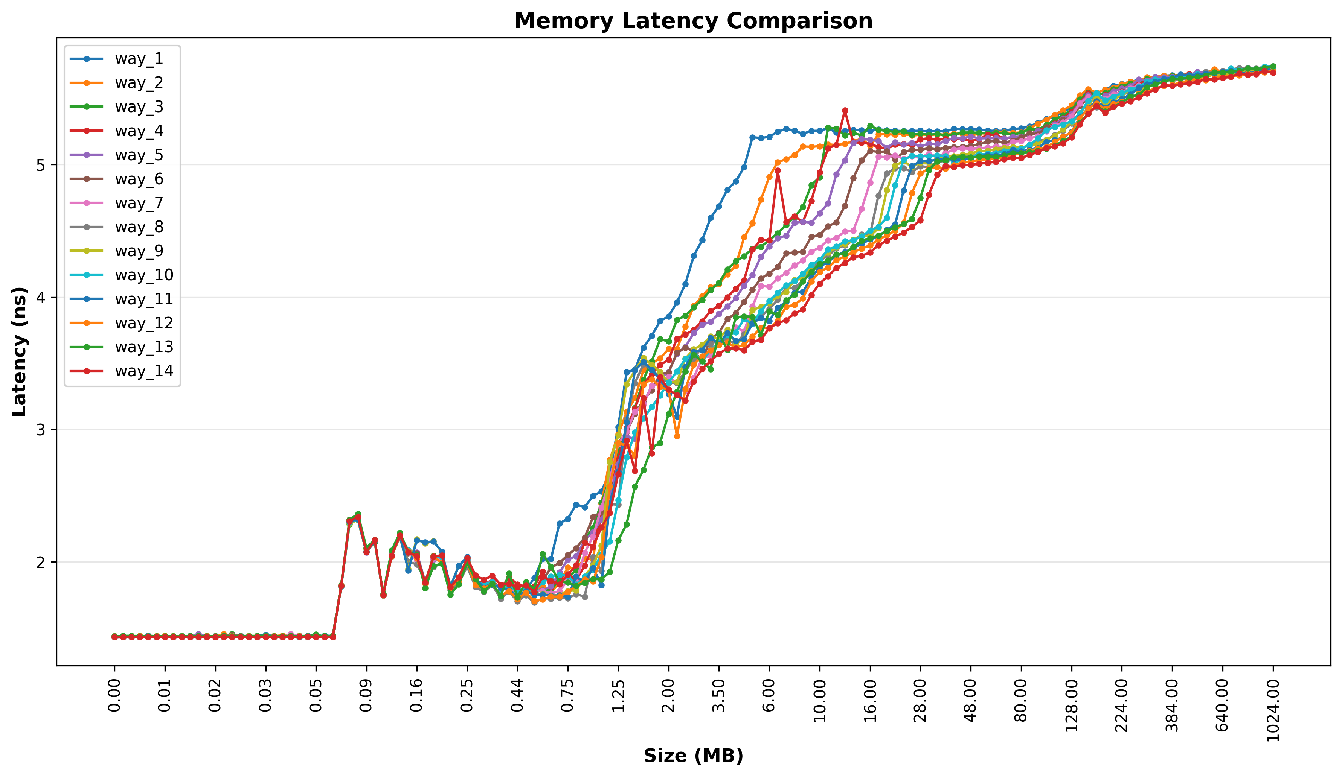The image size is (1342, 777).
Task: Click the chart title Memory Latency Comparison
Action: click(693, 21)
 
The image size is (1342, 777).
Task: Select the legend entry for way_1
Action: click(139, 59)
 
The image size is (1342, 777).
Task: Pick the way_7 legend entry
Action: click(139, 203)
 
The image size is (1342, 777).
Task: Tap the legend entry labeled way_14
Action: click(144, 371)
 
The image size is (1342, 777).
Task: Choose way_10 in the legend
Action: click(144, 275)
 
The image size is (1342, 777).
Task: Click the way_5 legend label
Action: click(139, 155)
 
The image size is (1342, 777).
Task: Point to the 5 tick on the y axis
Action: click(40, 165)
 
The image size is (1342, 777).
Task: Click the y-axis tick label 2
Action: click(40, 563)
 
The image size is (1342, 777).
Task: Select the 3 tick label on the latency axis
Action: click(40, 430)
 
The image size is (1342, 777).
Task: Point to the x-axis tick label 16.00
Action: click(870, 700)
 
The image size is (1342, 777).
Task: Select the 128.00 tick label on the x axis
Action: click(1072, 705)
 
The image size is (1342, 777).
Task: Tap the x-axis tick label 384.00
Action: click(1172, 705)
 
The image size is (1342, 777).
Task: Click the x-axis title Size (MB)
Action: click(693, 756)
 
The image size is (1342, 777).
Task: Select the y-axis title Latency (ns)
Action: click(19, 351)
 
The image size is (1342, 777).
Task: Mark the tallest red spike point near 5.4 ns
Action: click(845, 111)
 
